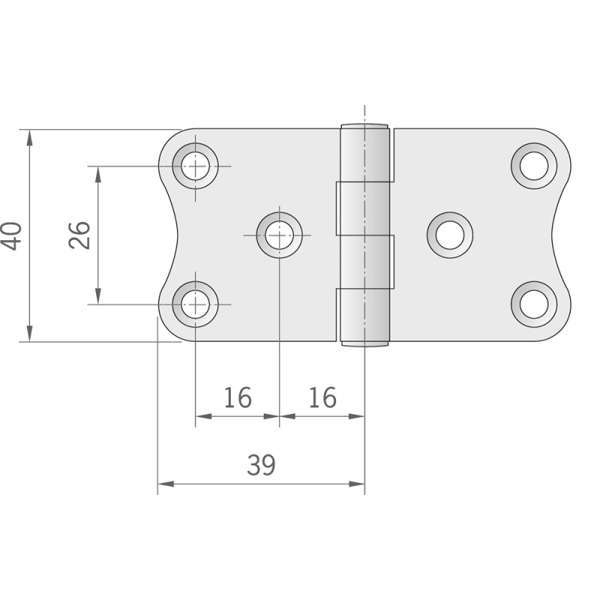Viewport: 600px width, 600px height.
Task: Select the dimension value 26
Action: tap(79, 235)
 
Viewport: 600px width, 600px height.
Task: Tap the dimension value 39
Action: tap(261, 466)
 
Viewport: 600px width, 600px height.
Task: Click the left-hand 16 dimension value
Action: tap(237, 398)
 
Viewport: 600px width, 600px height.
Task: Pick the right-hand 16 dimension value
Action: tap(322, 398)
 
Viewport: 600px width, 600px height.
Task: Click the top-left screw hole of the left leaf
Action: tap(196, 166)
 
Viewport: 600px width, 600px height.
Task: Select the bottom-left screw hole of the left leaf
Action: tap(196, 304)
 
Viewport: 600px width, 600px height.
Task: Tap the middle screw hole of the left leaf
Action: tap(279, 235)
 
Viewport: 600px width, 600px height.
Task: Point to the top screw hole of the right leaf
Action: tap(534, 166)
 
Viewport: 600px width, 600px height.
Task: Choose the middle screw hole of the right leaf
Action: tap(450, 235)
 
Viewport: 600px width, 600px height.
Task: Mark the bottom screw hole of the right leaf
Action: tap(534, 304)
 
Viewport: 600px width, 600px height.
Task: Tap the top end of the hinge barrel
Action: tap(366, 125)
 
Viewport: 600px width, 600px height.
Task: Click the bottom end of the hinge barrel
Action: tap(366, 344)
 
